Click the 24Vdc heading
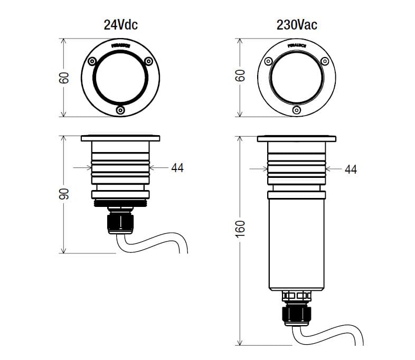click(120, 24)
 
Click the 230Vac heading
click(297, 24)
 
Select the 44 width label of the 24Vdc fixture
click(177, 168)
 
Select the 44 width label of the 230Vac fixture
click(351, 169)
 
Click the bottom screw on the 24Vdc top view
click(120, 110)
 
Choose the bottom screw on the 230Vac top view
click(297, 109)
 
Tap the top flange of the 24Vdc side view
click(120, 138)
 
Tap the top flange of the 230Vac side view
click(297, 138)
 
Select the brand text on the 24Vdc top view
click(121, 46)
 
